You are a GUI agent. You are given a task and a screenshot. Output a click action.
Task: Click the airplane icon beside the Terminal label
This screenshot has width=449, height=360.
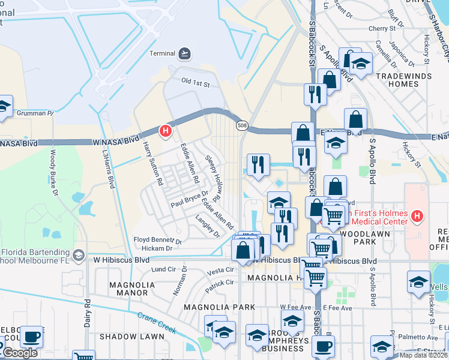click(x=184, y=54)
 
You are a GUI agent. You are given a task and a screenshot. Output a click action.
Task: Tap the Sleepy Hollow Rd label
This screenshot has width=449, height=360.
click(x=214, y=178)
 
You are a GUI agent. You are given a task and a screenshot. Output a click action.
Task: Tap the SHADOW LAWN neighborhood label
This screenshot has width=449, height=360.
click(x=131, y=337)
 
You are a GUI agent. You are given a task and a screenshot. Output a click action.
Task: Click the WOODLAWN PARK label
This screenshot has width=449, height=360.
click(x=357, y=237)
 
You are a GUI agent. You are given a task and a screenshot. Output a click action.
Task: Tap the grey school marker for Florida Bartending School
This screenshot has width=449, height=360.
click(x=77, y=256)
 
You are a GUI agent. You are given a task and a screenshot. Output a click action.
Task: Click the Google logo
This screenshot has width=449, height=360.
click(x=20, y=353)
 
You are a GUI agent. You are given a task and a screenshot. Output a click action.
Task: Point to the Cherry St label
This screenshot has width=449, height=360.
click(x=386, y=28)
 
